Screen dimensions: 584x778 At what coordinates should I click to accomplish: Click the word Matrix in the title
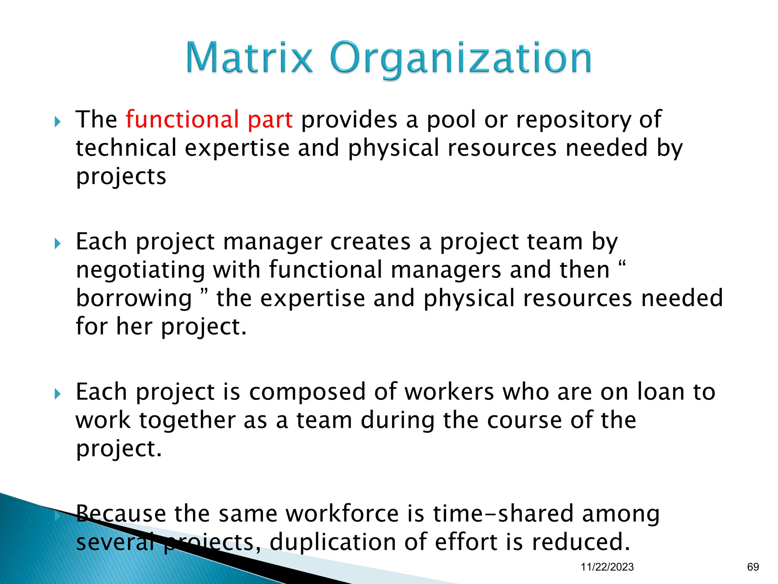click(x=249, y=58)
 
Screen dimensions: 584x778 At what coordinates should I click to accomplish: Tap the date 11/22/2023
click(x=607, y=567)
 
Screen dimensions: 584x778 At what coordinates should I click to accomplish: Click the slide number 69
click(x=753, y=567)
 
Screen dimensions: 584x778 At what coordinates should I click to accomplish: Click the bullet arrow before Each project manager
click(x=57, y=243)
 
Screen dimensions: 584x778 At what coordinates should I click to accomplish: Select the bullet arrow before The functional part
click(x=57, y=122)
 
